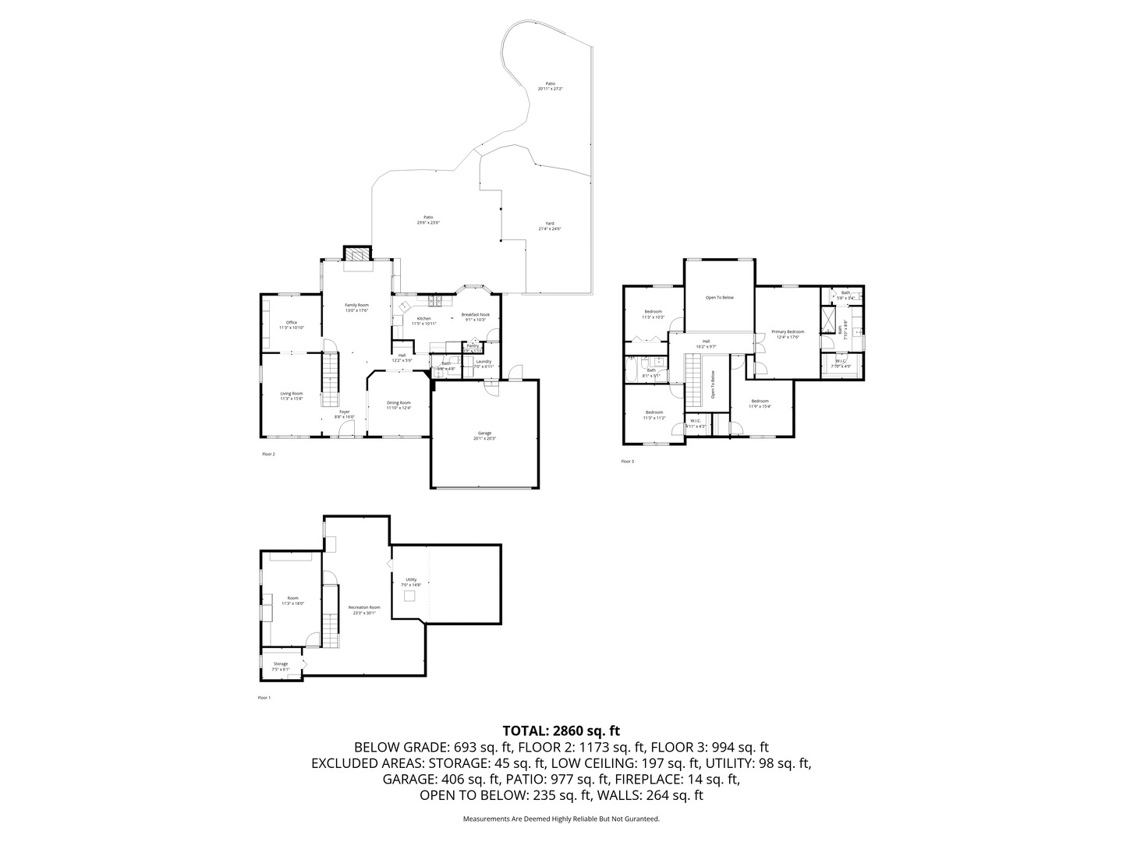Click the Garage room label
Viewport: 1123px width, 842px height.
(x=485, y=436)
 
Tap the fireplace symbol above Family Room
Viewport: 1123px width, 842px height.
(x=358, y=254)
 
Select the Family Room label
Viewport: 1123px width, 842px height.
(x=357, y=307)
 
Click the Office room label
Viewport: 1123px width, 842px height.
(x=291, y=325)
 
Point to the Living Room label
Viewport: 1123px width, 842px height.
(x=292, y=396)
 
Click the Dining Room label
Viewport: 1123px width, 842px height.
(x=399, y=405)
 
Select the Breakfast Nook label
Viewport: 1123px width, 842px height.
(x=475, y=317)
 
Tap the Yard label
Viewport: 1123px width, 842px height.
(x=550, y=226)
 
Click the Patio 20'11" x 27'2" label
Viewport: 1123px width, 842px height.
(x=550, y=86)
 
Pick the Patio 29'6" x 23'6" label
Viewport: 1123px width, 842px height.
(x=428, y=220)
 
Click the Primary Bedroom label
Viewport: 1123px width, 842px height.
(x=788, y=334)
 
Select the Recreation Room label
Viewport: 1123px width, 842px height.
(x=364, y=610)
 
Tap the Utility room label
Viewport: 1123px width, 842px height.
(x=411, y=582)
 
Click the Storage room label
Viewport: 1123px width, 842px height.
(x=281, y=666)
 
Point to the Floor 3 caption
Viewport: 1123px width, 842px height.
(x=628, y=462)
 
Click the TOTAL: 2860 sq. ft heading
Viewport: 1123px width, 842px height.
(x=561, y=731)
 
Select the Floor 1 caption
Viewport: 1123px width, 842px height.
(x=264, y=698)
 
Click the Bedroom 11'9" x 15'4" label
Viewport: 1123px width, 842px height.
(x=760, y=403)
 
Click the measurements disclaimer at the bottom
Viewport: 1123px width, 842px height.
(x=561, y=819)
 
